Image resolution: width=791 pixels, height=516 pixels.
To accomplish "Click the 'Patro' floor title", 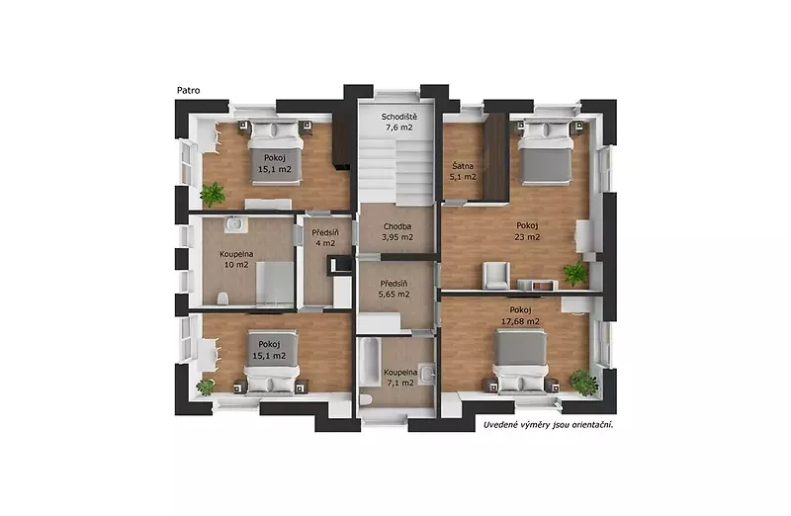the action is click(x=188, y=91).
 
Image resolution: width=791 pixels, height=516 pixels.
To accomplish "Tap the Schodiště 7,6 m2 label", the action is click(x=399, y=122).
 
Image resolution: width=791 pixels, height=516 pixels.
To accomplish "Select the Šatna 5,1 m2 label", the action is click(x=463, y=171).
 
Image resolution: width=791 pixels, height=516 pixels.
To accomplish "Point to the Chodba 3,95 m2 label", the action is click(x=397, y=232).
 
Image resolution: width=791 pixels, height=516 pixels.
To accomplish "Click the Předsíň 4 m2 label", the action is click(x=325, y=238).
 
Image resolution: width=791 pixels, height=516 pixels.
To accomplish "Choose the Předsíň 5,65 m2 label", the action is click(x=394, y=289).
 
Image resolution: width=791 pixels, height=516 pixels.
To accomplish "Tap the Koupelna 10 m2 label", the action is click(x=236, y=259).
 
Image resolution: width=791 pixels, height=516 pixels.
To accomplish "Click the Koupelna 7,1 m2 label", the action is click(x=400, y=378).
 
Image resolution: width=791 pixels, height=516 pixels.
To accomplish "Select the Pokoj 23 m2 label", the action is click(x=527, y=231).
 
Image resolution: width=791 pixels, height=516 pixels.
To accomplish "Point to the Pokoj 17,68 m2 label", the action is click(x=520, y=315).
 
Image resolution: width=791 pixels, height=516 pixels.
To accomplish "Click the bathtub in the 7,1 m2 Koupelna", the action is click(x=369, y=363).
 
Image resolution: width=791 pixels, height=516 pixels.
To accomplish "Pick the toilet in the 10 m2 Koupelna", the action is click(x=222, y=300).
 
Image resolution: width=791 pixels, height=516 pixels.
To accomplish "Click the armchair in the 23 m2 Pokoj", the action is click(x=496, y=276).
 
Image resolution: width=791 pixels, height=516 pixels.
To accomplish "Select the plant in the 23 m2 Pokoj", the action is click(x=575, y=273).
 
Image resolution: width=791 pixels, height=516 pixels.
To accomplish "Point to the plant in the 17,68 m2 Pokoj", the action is click(x=584, y=383).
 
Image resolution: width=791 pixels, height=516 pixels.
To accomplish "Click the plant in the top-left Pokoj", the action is click(x=213, y=194).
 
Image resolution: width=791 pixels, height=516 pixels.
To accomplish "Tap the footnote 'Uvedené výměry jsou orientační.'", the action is click(x=549, y=425).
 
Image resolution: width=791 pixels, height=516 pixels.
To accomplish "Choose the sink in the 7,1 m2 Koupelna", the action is click(x=428, y=374).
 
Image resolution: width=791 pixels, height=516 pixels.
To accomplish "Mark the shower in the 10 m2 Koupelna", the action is click(x=275, y=284).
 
